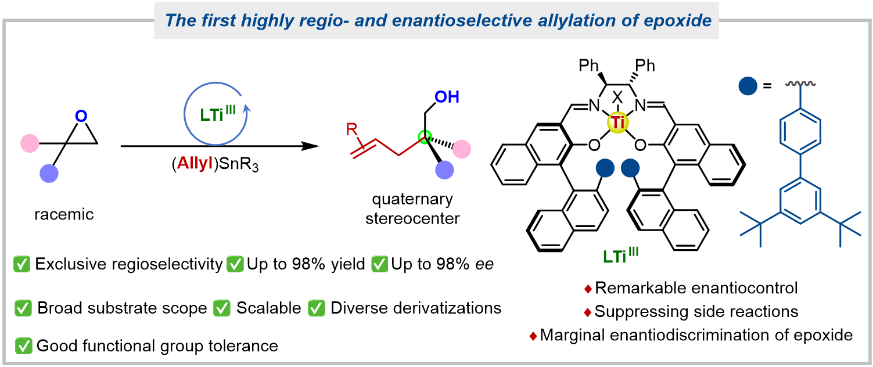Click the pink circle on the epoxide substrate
(29, 142)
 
